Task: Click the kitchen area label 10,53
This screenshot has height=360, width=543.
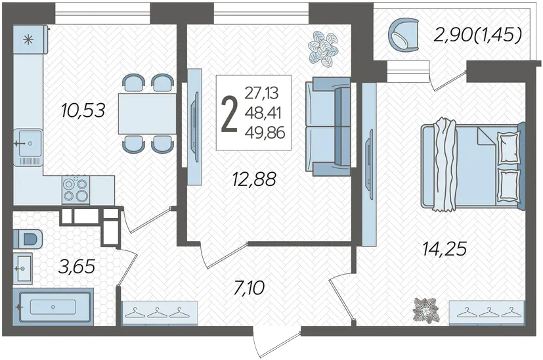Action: point(83,110)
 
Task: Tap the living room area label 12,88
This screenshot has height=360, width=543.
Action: point(254,179)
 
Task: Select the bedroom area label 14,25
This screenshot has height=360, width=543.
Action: point(445,248)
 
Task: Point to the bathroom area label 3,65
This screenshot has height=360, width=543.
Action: point(77,267)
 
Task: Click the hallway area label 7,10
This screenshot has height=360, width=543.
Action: point(250,288)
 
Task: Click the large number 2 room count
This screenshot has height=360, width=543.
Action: point(229,114)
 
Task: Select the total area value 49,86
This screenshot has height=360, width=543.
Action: point(265,133)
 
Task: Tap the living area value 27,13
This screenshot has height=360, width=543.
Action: point(261,93)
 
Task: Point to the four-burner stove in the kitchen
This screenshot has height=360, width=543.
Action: point(76,191)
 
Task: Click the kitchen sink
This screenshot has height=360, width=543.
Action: point(29,143)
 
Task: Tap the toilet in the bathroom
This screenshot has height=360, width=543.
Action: point(28,238)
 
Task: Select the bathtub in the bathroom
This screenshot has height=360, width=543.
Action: point(53,307)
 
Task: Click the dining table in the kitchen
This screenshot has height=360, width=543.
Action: point(147,114)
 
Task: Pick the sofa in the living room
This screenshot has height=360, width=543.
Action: point(328,126)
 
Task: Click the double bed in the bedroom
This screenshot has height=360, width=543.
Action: point(473,166)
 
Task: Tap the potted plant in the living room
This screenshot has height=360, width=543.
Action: point(324,49)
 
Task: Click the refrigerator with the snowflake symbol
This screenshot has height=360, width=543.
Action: point(30,39)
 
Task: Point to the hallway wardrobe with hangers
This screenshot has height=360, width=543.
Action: point(160,313)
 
